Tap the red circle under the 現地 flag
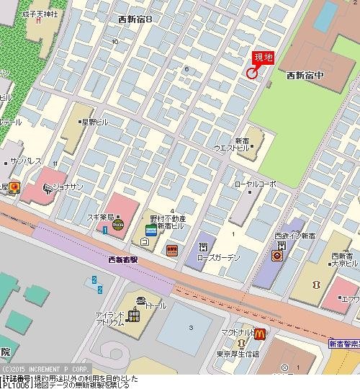[x=252, y=72]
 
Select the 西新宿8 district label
[x=135, y=19]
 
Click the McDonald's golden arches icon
[x=259, y=334]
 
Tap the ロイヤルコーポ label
[x=255, y=184]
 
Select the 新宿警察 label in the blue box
[x=344, y=344]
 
